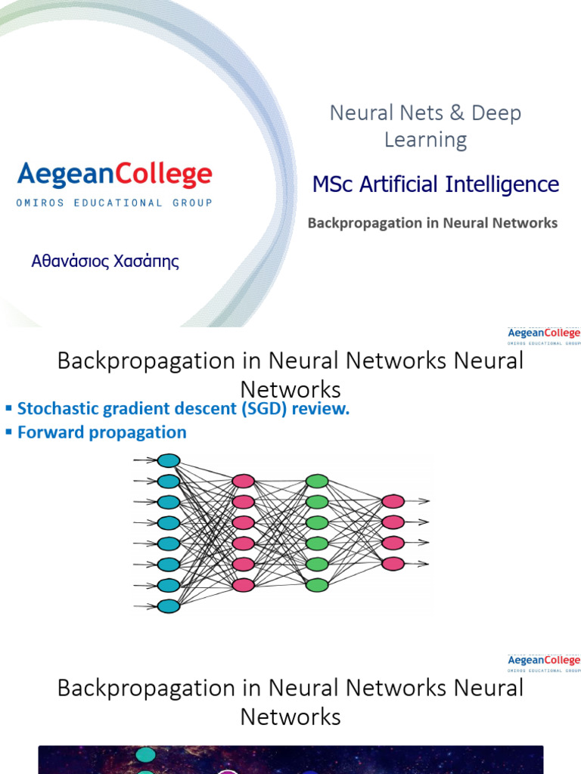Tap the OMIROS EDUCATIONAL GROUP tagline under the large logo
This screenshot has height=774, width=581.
[114, 203]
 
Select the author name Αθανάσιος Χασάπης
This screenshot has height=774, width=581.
[105, 262]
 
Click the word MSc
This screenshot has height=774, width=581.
[333, 184]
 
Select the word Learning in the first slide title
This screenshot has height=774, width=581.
[425, 140]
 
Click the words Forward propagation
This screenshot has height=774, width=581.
[101, 432]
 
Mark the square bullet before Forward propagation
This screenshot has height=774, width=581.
[9, 432]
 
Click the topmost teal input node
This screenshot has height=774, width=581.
[169, 460]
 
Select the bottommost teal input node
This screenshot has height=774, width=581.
[169, 605]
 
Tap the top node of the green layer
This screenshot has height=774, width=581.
[317, 481]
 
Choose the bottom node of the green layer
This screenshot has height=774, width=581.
[317, 584]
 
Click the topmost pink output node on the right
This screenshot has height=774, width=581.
[393, 501]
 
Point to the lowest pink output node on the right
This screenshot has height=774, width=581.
[393, 563]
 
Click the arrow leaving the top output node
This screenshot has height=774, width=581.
[418, 501]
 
